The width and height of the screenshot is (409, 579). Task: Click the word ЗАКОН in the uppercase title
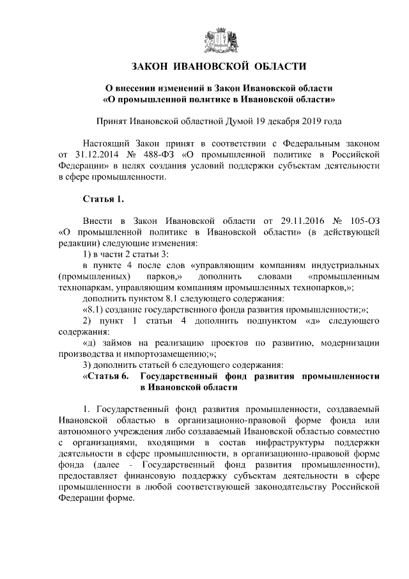pos(152,67)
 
